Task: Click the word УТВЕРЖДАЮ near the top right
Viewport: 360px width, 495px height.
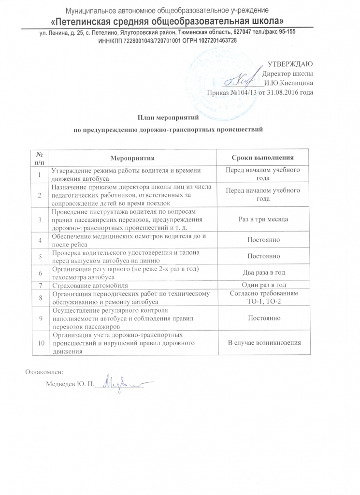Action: (289, 64)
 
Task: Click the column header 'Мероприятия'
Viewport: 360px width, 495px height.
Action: (132, 158)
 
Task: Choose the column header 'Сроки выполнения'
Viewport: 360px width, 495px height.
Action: (263, 158)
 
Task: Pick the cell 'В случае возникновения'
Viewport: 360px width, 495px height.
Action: (264, 343)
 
